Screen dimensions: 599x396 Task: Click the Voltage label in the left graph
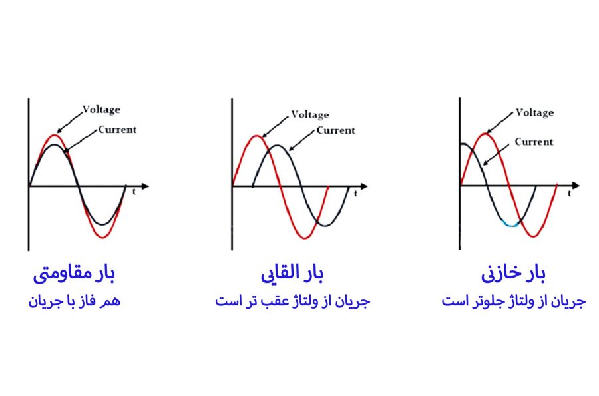click(102, 110)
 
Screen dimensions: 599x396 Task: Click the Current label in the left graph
click(117, 130)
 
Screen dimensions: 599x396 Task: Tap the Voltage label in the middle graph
click(310, 114)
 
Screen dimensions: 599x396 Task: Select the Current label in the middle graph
click(336, 130)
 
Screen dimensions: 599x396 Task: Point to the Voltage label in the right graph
click(535, 112)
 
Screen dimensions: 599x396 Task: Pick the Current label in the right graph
click(534, 142)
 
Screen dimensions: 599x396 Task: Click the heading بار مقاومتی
click(74, 274)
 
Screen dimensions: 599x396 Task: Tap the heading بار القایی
click(292, 274)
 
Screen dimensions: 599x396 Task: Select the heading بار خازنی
click(513, 274)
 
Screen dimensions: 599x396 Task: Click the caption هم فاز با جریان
click(74, 301)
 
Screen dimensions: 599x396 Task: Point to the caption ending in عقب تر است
click(293, 301)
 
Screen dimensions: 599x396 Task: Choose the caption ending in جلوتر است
click(514, 301)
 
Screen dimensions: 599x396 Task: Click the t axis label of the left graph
click(134, 192)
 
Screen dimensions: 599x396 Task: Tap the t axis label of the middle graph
click(355, 194)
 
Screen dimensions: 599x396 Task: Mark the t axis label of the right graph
click(569, 193)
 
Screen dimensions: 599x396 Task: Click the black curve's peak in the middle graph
click(278, 146)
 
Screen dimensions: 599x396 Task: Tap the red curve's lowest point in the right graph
click(533, 236)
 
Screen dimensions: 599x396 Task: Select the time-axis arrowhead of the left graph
click(145, 186)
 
